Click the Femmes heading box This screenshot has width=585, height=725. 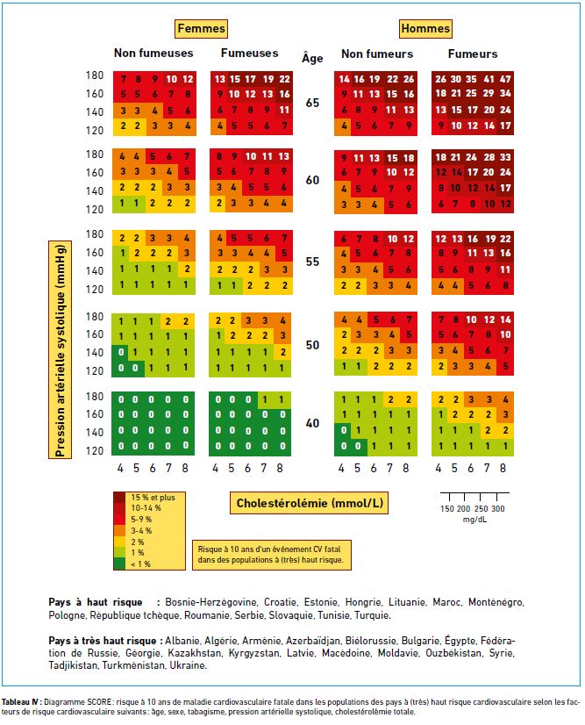(201, 29)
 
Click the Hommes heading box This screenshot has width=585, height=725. (425, 29)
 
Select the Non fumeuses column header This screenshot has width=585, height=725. (153, 54)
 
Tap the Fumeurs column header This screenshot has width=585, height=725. (473, 54)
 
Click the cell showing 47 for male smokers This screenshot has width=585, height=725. (506, 79)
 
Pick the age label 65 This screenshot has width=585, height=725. (312, 103)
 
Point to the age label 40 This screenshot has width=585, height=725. (312, 424)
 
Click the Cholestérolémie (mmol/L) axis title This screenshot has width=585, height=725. (309, 503)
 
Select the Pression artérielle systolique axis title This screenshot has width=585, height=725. (60, 349)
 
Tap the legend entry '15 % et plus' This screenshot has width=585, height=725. (153, 498)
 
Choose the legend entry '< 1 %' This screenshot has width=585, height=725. (140, 564)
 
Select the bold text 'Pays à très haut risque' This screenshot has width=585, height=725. (103, 642)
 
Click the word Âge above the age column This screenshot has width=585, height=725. (312, 58)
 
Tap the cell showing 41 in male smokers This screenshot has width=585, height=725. (489, 79)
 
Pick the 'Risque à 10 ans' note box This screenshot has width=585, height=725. (271, 555)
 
